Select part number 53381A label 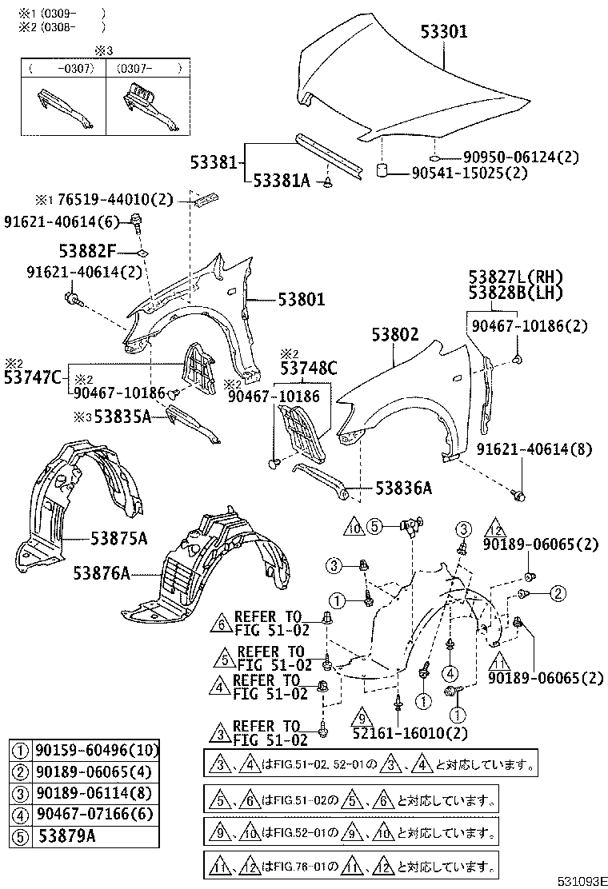(x=282, y=181)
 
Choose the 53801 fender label (x=302, y=300)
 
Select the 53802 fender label (x=394, y=336)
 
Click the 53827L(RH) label (x=516, y=277)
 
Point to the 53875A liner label (x=118, y=539)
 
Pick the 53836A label (x=403, y=488)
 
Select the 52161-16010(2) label (x=399, y=732)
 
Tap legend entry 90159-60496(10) (x=96, y=750)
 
